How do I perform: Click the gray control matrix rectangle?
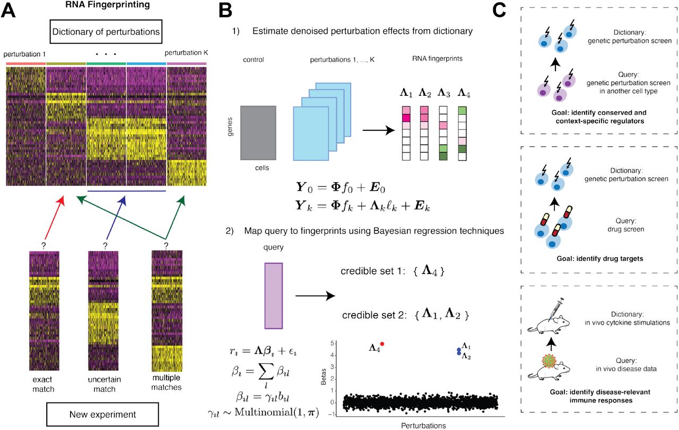coord(258,132)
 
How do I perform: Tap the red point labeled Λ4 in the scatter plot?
coord(382,344)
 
